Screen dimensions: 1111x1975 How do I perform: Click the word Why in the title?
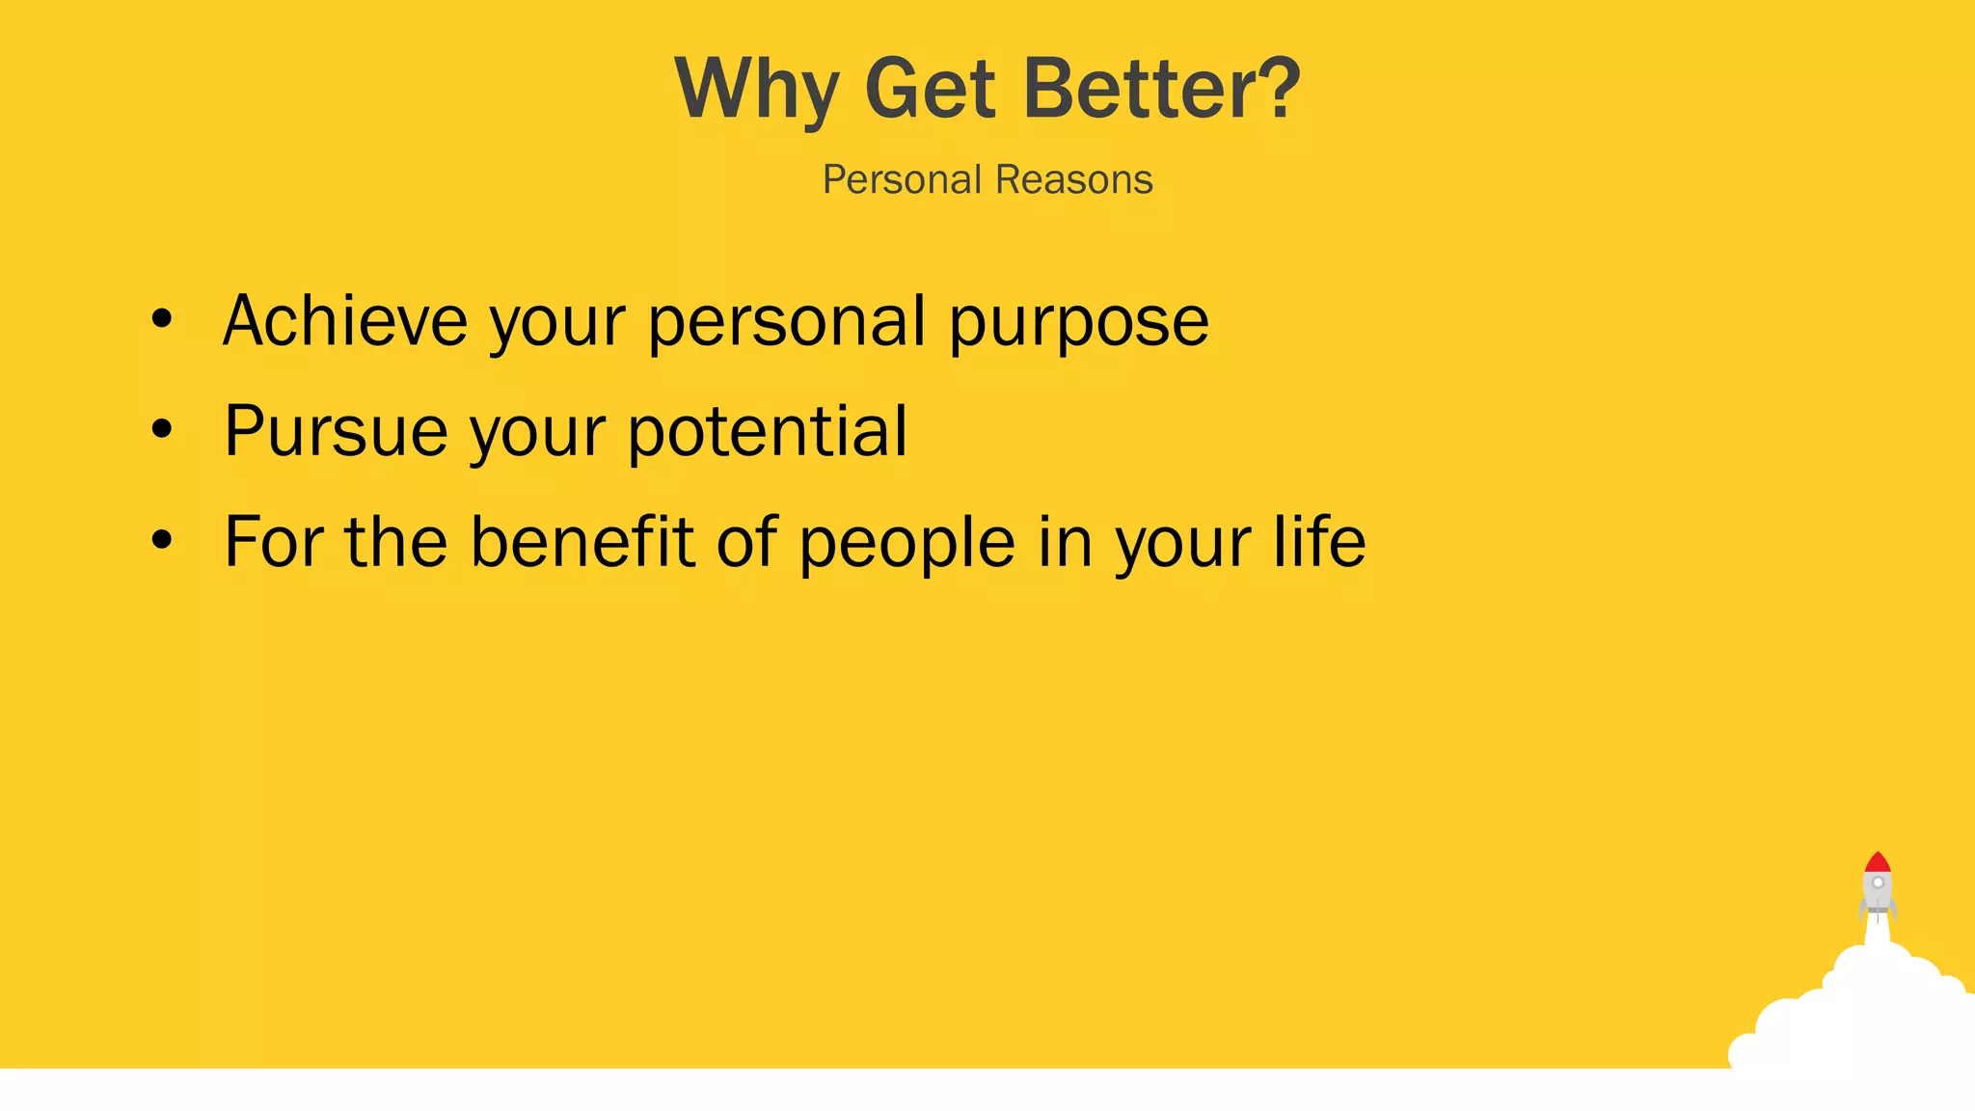755,90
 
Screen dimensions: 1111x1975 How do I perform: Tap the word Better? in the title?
1161,90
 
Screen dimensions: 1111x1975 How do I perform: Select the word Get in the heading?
930,90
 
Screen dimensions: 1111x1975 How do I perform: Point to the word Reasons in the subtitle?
1073,180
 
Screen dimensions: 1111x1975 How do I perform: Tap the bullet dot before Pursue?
162,430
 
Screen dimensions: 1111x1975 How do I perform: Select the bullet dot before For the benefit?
162,541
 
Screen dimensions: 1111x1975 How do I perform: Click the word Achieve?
344,321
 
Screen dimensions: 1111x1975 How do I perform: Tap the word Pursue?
336,432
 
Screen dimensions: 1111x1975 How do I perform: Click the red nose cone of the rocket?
1878,862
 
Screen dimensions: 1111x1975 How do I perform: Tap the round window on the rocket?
1878,882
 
